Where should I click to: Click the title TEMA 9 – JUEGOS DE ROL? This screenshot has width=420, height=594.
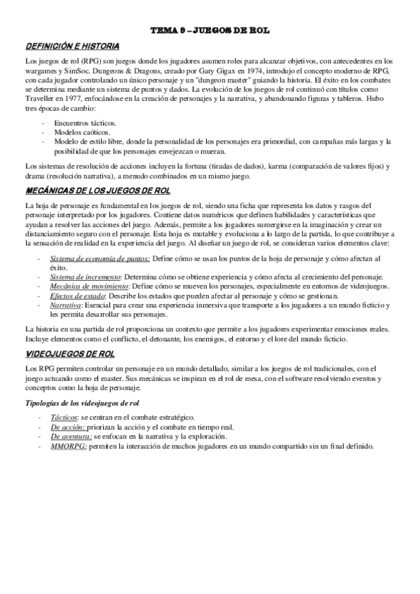tap(210, 31)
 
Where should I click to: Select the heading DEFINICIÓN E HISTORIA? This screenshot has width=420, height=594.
tap(72, 46)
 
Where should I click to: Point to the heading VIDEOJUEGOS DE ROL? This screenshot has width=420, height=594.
tap(70, 354)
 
